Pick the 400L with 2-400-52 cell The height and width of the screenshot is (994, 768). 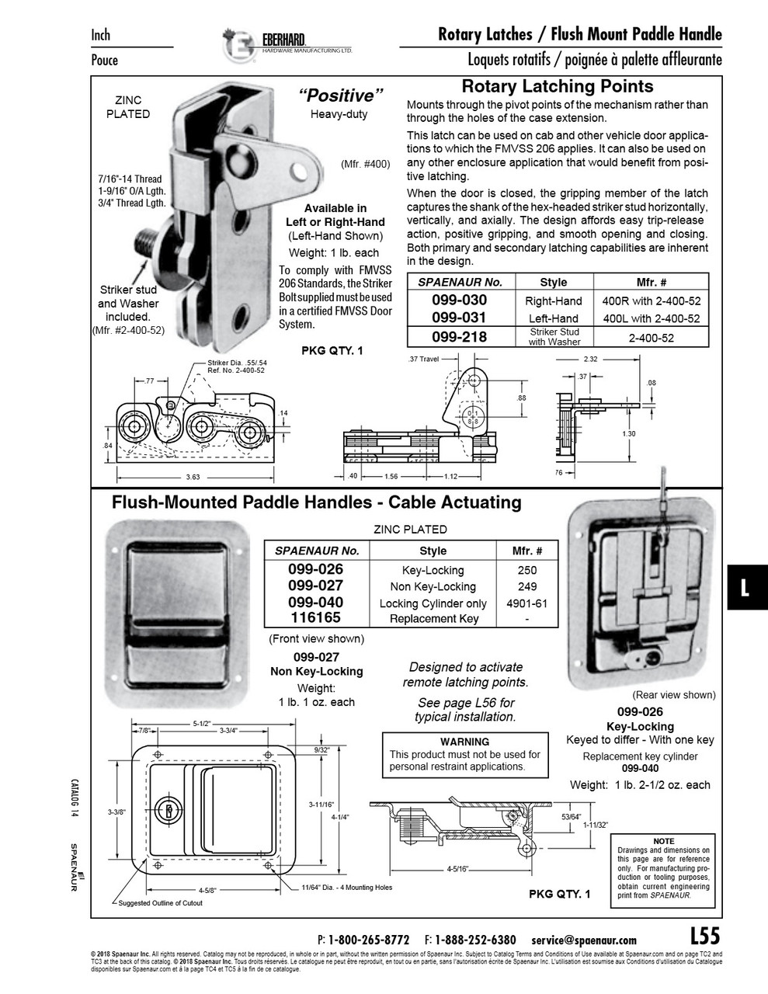click(652, 318)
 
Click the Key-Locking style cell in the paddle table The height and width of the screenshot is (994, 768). click(433, 570)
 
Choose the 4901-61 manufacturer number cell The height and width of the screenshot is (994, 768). click(527, 603)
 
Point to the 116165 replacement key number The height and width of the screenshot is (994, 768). click(315, 618)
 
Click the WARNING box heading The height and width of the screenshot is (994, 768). click(464, 742)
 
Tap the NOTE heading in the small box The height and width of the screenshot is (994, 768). click(664, 841)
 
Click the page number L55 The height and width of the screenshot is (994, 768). click(704, 936)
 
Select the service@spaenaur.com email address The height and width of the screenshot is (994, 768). click(584, 940)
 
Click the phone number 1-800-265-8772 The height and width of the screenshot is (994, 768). click(369, 940)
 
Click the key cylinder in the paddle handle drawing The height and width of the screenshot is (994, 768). click(167, 811)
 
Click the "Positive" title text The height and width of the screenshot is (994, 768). click(341, 96)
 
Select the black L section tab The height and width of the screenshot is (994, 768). click(745, 587)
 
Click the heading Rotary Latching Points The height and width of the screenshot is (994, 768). click(557, 86)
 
